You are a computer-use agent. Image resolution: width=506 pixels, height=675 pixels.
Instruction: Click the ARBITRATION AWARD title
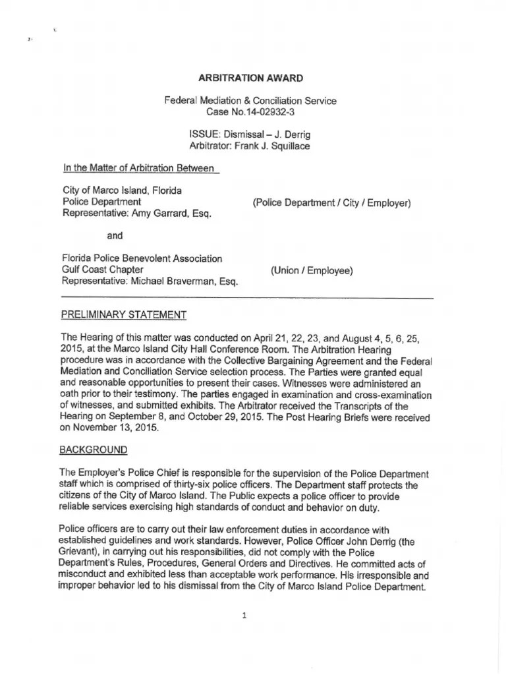tap(250, 78)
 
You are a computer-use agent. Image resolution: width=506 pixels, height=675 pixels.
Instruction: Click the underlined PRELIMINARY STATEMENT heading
tap(123, 315)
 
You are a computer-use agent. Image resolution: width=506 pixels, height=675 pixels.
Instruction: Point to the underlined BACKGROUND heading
tap(94, 450)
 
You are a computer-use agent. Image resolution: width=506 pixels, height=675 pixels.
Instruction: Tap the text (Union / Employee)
tap(312, 270)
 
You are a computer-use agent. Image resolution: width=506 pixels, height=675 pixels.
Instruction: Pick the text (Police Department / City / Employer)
tap(331, 202)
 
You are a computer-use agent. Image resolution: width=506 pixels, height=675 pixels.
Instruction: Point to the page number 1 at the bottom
tap(244, 616)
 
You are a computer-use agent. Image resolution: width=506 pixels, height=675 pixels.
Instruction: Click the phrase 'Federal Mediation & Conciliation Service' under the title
tap(250, 101)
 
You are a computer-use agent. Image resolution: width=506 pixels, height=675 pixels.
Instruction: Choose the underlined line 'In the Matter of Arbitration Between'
tap(140, 169)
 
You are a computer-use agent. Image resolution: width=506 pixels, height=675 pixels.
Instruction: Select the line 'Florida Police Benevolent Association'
tap(142, 258)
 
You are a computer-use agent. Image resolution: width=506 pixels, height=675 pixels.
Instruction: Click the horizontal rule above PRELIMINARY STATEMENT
tap(247, 299)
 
